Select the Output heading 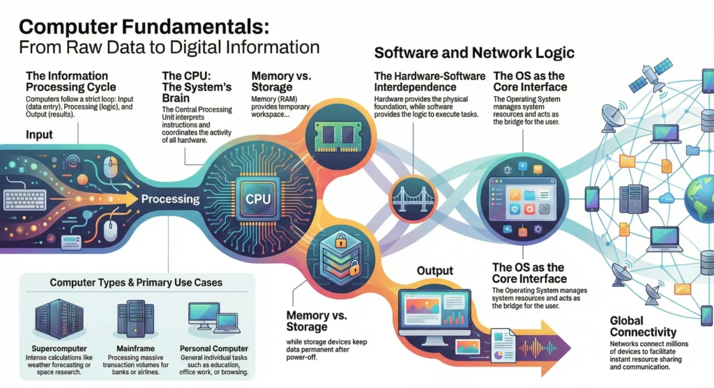pos(435,270)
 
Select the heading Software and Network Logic pos(473,53)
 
